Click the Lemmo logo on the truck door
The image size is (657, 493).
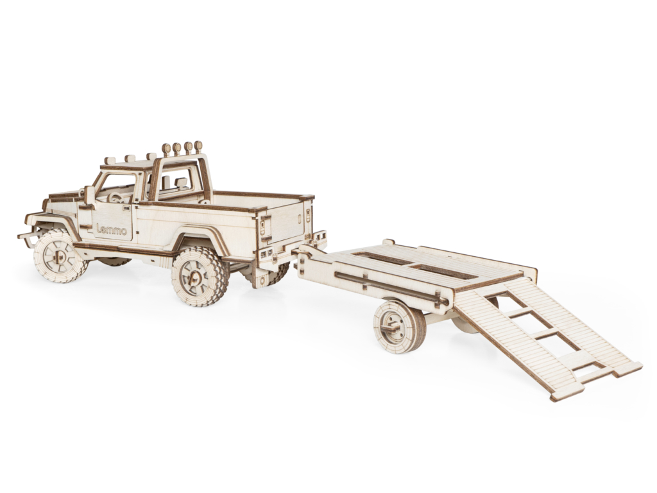tap(112, 230)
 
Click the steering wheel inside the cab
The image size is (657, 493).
tap(115, 198)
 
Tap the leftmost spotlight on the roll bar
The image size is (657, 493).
tap(167, 148)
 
